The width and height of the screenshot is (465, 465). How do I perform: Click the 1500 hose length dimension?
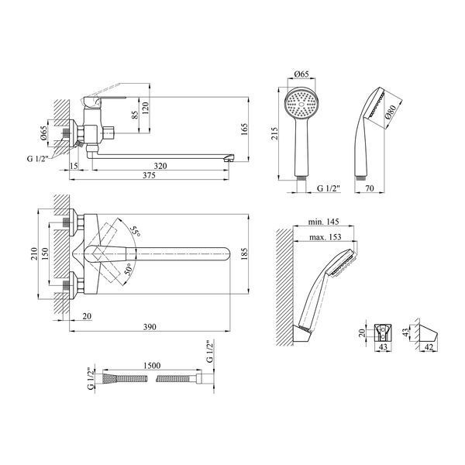pyautogui.click(x=152, y=365)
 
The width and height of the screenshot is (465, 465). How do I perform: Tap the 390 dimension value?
pyautogui.click(x=150, y=327)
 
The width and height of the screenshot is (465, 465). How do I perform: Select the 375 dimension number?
pyautogui.click(x=149, y=175)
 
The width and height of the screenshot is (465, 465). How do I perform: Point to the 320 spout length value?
pyautogui.click(x=160, y=166)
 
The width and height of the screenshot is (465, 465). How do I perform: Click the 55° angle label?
pyautogui.click(x=136, y=231)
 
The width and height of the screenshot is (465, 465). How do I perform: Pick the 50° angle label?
pyautogui.click(x=128, y=270)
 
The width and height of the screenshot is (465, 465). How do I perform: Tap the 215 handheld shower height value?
pyautogui.click(x=274, y=134)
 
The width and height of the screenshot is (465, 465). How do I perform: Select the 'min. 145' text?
pyautogui.click(x=323, y=222)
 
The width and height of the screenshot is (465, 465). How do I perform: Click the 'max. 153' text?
pyautogui.click(x=325, y=237)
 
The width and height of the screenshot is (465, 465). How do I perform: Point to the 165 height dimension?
pyautogui.click(x=244, y=129)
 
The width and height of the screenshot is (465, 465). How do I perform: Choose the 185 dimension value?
pyautogui.click(x=244, y=254)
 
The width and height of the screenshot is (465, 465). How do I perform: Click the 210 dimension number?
pyautogui.click(x=34, y=254)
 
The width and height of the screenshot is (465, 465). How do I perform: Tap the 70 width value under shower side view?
pyautogui.click(x=370, y=188)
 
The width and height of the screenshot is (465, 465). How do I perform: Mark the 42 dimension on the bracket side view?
pyautogui.click(x=429, y=347)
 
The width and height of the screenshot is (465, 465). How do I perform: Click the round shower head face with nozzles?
pyautogui.click(x=301, y=104)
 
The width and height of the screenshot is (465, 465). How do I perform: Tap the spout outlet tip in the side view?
pyautogui.click(x=229, y=158)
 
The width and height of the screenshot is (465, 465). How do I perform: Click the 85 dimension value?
pyautogui.click(x=135, y=115)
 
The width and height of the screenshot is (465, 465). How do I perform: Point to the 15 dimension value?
pyautogui.click(x=74, y=166)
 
